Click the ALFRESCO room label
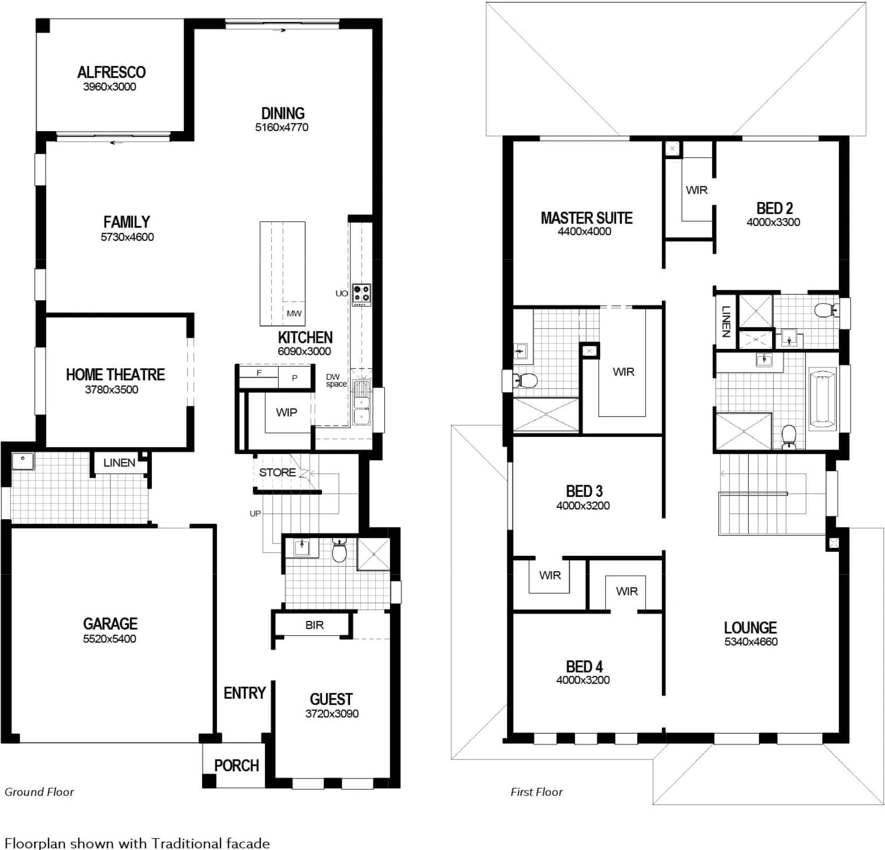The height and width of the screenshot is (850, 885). (111, 72)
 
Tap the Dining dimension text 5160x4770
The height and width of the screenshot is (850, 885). (281, 128)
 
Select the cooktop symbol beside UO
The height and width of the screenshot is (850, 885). (362, 295)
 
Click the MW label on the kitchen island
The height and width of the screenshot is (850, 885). (294, 314)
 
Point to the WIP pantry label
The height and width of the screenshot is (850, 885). (286, 413)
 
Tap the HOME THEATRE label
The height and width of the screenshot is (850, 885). (115, 375)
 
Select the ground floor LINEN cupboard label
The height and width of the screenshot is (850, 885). (119, 463)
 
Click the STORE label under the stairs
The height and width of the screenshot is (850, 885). (277, 473)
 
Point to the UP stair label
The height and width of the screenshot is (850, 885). (255, 514)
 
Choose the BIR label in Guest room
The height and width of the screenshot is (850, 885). (314, 625)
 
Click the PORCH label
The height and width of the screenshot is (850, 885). (236, 765)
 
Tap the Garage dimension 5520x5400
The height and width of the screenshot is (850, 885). (109, 639)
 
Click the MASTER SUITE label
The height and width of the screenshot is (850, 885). (586, 218)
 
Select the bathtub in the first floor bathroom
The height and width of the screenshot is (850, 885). (822, 398)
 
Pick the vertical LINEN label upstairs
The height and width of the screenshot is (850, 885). (726, 322)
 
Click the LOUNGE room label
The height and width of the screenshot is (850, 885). (750, 628)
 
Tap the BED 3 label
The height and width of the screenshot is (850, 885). (584, 491)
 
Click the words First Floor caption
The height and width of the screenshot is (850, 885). (536, 792)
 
